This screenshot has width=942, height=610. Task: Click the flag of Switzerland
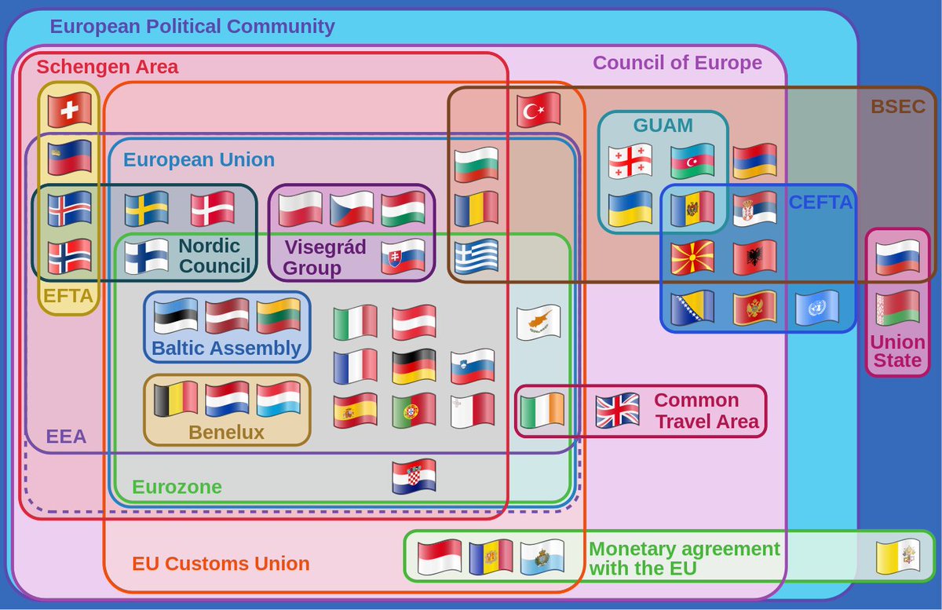(x=69, y=110)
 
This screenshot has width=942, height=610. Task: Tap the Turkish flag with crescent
(x=539, y=110)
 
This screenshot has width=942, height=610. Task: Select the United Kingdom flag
(x=617, y=411)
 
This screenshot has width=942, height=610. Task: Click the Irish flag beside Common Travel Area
(x=542, y=411)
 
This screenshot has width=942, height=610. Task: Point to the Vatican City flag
(x=898, y=557)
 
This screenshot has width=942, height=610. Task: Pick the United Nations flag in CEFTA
(x=817, y=308)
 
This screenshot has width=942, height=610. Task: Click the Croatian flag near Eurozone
(x=414, y=477)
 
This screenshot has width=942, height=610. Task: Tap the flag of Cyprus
(x=539, y=322)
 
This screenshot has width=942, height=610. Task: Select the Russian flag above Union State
(x=897, y=258)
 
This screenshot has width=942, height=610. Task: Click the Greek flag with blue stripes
(x=476, y=256)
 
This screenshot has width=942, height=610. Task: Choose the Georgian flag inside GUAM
(x=630, y=161)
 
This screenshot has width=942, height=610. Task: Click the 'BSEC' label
(x=897, y=107)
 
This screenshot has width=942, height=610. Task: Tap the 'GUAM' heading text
(x=663, y=126)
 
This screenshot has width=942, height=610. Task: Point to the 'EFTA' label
(x=68, y=297)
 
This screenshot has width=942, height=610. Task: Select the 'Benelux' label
(x=226, y=433)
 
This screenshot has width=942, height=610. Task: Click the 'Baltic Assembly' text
(x=226, y=348)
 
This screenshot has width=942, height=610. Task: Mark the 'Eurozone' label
(x=177, y=488)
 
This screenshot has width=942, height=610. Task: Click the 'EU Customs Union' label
(x=221, y=564)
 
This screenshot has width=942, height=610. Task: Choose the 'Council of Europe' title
(x=677, y=63)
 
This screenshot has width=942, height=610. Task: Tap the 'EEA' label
(x=66, y=436)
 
